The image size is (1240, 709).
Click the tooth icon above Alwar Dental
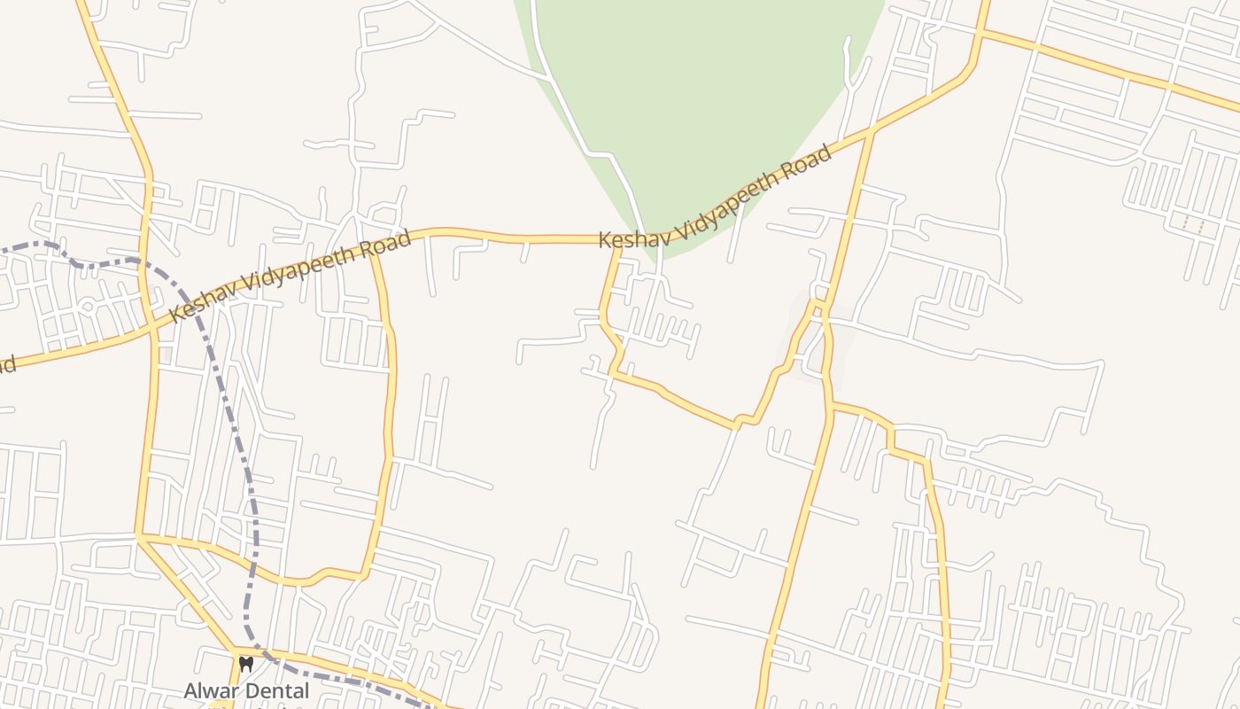coord(246,663)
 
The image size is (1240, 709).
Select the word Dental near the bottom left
coord(279,690)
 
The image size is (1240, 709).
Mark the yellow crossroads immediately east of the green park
coord(872,132)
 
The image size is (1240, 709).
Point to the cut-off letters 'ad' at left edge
coord(7,365)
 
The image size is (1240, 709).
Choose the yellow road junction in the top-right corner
coord(980,33)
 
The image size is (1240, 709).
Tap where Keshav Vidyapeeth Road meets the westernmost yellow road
coord(153,330)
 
